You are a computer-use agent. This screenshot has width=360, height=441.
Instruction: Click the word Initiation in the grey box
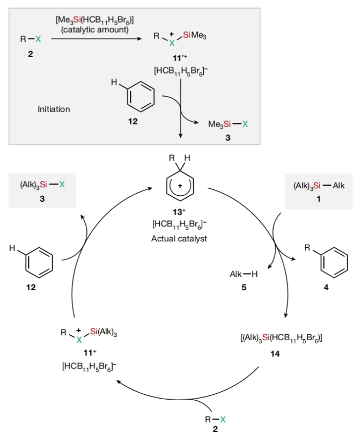point(54,109)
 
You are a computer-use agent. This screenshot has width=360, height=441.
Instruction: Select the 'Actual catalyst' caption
point(179,239)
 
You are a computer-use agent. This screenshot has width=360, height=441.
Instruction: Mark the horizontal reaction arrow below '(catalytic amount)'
point(96,39)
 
